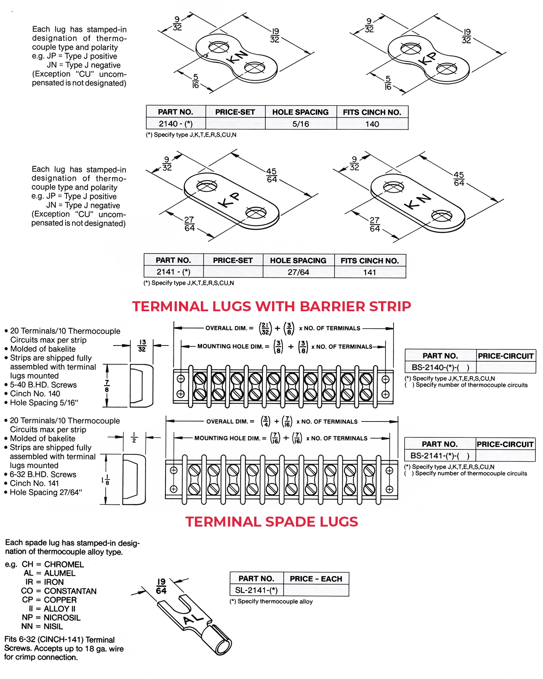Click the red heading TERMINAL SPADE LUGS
click(x=272, y=522)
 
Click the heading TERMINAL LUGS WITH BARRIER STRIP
click(x=271, y=306)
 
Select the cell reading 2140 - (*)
click(x=175, y=124)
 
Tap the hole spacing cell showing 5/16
click(x=300, y=124)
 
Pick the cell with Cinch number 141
click(x=370, y=272)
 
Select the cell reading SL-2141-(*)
click(x=256, y=590)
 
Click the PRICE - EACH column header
click(x=316, y=579)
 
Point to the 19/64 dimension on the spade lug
click(x=161, y=586)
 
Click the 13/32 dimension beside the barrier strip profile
click(x=142, y=345)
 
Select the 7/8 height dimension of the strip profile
click(x=107, y=386)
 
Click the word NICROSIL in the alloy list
click(x=62, y=618)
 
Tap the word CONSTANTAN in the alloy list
click(x=70, y=591)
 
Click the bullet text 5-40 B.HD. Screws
click(x=43, y=385)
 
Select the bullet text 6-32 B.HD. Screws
click(x=43, y=474)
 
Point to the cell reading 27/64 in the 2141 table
click(x=298, y=272)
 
